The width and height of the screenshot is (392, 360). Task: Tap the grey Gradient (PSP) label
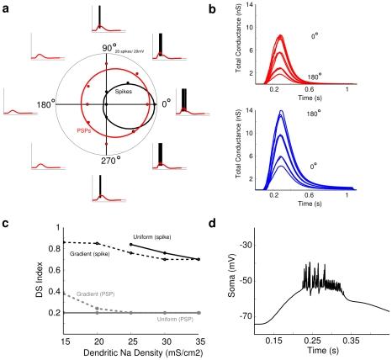pyautogui.click(x=73, y=294)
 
